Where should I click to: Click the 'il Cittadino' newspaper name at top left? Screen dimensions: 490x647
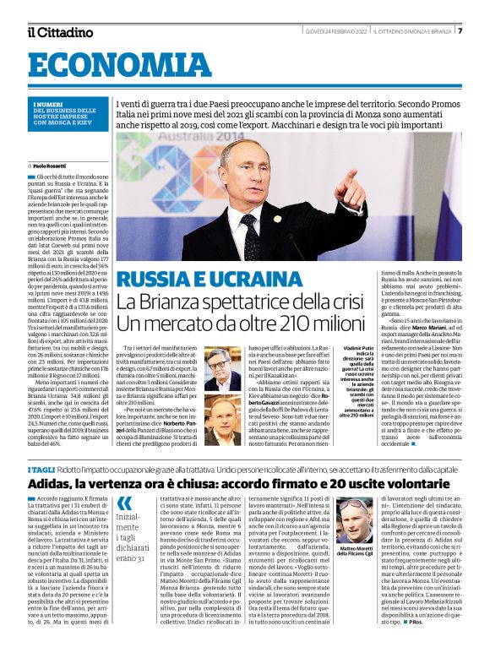click(x=59, y=32)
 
